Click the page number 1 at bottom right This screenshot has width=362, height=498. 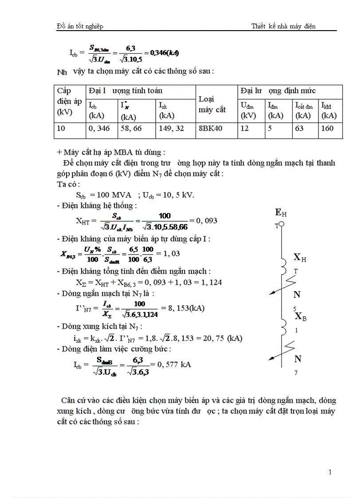(331, 472)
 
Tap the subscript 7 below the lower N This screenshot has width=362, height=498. (296, 373)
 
